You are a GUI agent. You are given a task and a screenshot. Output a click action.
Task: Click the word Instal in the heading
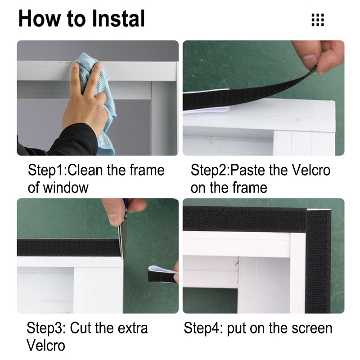118,18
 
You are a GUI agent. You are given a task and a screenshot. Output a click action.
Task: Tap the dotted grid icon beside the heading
318,20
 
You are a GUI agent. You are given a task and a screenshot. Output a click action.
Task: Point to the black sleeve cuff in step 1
58,142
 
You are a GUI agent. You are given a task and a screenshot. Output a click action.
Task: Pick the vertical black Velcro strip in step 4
318,261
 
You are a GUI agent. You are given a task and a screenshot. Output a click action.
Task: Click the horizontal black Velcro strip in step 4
245,219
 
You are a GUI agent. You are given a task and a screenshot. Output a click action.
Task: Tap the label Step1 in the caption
47,171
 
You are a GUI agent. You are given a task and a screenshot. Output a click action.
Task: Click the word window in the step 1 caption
66,188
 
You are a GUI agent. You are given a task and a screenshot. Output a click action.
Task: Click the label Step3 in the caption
45,328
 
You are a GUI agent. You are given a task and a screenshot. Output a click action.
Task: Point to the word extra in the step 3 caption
134,328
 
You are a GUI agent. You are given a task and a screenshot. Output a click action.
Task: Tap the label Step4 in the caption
202,328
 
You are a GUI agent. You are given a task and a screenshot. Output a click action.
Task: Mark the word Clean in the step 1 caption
85,170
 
